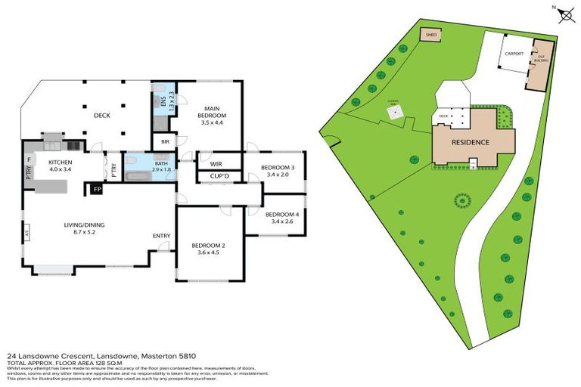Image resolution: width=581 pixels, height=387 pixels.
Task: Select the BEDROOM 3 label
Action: point(278,168)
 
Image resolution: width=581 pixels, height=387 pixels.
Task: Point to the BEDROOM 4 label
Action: point(282,215)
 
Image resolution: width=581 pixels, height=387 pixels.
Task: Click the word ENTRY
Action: point(161,236)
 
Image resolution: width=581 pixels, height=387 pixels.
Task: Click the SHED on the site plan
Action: point(432,35)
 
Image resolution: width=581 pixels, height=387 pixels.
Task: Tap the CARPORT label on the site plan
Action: point(514,54)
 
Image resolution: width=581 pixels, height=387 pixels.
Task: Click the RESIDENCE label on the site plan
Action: point(471,142)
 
